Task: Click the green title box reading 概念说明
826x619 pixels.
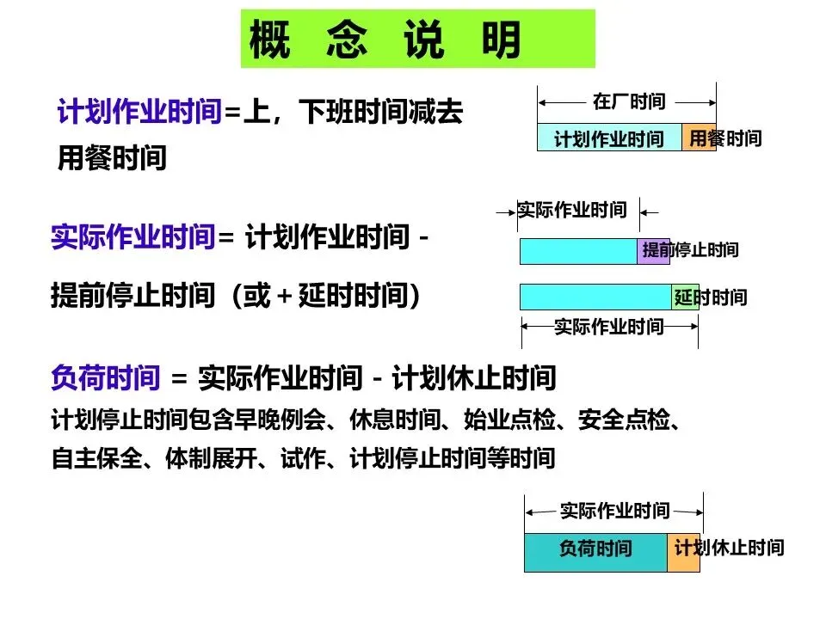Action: pyautogui.click(x=417, y=39)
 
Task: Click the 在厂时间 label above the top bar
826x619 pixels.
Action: pyautogui.click(x=629, y=101)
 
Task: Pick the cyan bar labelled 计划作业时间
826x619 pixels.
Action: pyautogui.click(x=608, y=138)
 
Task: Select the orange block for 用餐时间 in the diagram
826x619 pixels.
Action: pyautogui.click(x=699, y=138)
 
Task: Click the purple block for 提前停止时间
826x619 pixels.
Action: pyautogui.click(x=653, y=251)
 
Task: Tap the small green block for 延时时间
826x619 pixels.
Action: pyautogui.click(x=685, y=297)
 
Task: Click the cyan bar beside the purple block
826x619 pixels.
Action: pyautogui.click(x=577, y=251)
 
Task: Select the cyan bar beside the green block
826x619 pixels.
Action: pyautogui.click(x=595, y=297)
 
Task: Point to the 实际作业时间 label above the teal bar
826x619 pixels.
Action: pyautogui.click(x=614, y=512)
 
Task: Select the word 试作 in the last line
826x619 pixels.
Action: pyautogui.click(x=301, y=458)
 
